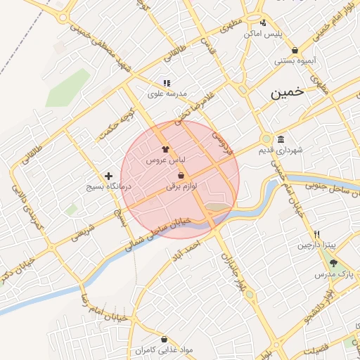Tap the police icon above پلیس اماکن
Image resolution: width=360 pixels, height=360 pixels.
coord(263,22)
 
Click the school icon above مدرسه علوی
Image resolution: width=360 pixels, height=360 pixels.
coord(167,83)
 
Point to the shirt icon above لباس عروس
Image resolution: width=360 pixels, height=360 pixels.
coord(165,149)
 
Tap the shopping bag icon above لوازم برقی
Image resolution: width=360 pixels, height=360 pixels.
coord(181,175)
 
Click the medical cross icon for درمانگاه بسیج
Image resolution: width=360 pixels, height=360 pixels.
coord(108,176)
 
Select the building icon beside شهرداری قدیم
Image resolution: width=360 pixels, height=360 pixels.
coord(281,139)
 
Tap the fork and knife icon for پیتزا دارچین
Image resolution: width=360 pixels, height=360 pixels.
coord(317,234)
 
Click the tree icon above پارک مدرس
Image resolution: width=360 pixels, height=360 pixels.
coord(333,262)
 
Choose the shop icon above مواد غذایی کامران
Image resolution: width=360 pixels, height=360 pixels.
coord(146,339)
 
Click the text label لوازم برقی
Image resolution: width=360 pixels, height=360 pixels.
coord(181,187)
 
